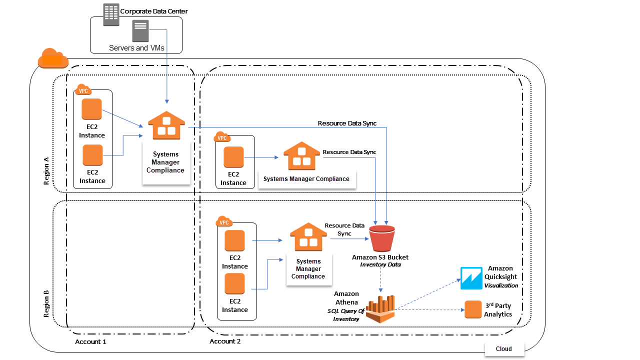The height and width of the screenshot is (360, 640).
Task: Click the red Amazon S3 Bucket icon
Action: (381, 238)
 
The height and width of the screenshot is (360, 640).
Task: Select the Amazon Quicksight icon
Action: (471, 278)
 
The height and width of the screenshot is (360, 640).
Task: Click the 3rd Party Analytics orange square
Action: (473, 309)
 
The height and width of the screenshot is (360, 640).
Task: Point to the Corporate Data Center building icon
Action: (111, 14)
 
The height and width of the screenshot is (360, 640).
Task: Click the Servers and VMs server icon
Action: (140, 31)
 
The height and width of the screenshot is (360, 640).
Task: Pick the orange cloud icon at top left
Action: (53, 58)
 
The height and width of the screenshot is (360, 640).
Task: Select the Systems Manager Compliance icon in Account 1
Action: (166, 125)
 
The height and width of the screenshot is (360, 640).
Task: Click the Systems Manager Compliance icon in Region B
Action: (308, 237)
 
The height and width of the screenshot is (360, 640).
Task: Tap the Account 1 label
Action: (90, 341)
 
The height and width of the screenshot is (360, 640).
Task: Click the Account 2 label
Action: (225, 341)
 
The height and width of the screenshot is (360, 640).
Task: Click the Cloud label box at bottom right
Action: (504, 348)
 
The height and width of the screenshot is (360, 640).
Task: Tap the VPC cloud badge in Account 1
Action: (82, 90)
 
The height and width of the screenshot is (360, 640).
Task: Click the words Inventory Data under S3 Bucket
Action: (380, 264)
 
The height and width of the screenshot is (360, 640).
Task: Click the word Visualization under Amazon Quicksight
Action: (501, 285)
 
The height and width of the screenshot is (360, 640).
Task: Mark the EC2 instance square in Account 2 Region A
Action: (233, 157)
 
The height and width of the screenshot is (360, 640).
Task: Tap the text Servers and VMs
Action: (136, 48)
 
